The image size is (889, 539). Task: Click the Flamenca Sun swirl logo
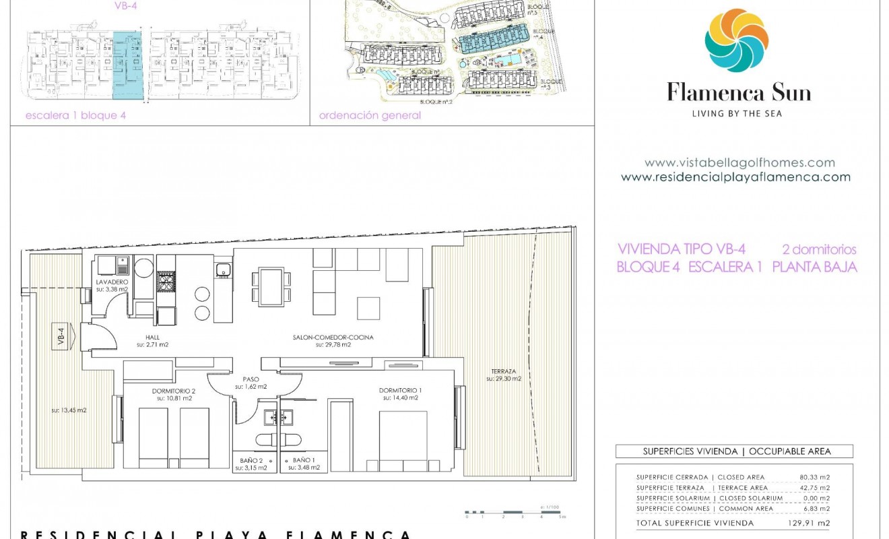pos(736,41)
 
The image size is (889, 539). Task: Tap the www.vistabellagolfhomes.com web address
pos(739,162)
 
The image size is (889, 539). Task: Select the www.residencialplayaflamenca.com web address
pos(735,177)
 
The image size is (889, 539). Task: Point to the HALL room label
pos(152,338)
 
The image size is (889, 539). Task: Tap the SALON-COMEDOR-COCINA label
pos(333,338)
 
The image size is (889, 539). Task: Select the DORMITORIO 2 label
pos(174,391)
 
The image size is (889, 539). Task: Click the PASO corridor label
pos(251,380)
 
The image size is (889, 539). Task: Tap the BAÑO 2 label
pos(253,461)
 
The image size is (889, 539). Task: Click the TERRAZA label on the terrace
pos(503,372)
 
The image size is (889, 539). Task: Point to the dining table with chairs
pos(271,286)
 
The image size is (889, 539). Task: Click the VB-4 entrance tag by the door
pos(61,336)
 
